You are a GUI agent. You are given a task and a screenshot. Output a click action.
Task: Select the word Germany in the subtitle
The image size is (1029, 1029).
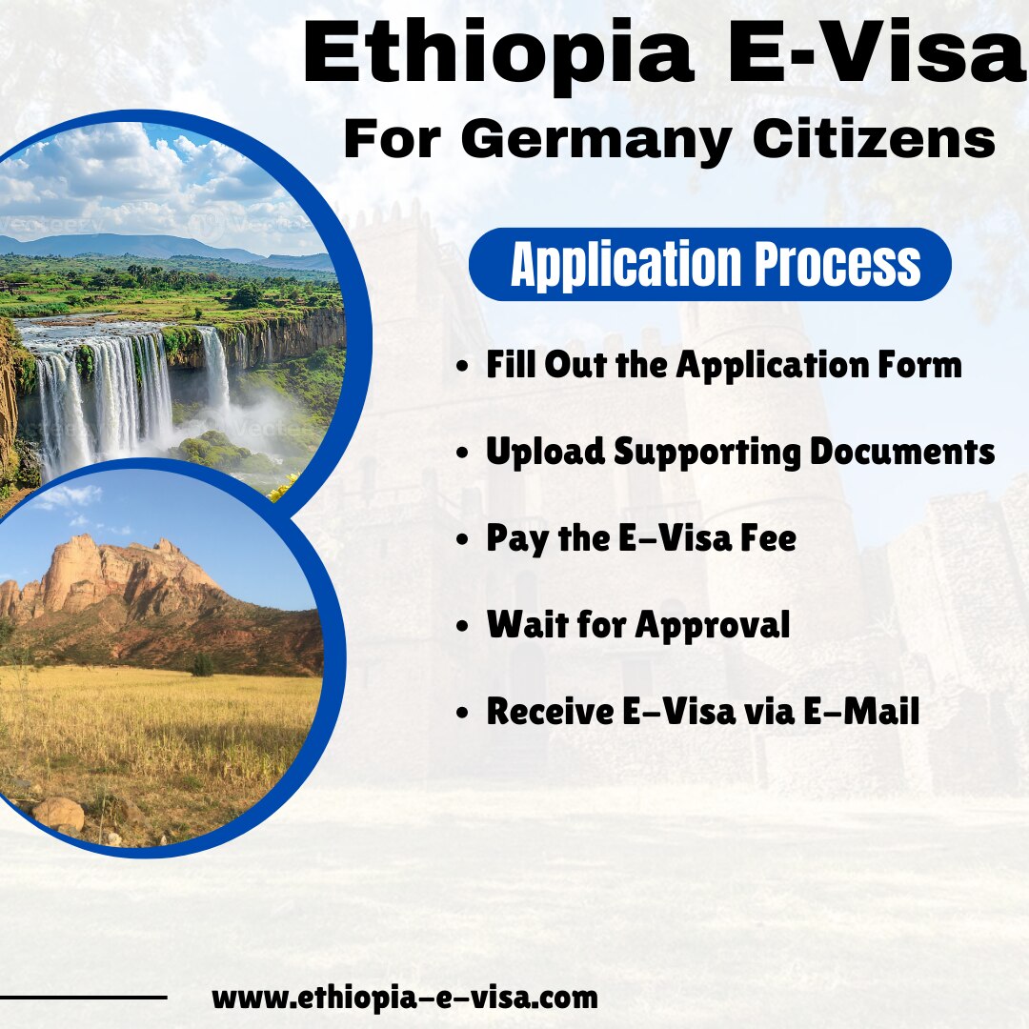[x=595, y=140]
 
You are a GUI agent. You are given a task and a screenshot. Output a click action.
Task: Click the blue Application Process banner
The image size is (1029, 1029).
[x=710, y=264]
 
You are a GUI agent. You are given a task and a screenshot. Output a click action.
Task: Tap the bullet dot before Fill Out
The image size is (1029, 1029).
[x=463, y=367]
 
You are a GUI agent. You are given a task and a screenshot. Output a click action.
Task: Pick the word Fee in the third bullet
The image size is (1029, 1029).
[x=768, y=539]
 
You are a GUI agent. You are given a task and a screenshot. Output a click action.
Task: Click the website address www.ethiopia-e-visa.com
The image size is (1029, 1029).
[x=405, y=998]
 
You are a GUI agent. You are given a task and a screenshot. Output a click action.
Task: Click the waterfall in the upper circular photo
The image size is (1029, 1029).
[x=105, y=391]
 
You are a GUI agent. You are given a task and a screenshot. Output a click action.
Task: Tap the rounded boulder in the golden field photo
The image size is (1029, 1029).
[x=59, y=813]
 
